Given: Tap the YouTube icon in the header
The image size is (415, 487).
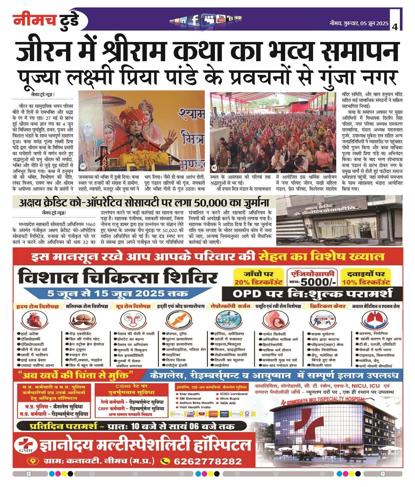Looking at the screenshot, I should click(221, 19).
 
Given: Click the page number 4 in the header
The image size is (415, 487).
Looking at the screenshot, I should click(395, 27).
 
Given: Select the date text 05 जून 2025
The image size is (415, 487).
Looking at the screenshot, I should click(374, 24).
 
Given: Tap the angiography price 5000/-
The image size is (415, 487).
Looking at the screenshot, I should click(318, 282).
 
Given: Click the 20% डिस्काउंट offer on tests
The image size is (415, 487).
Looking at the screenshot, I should click(259, 282).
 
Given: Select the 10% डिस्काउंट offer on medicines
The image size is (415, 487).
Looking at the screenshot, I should click(366, 282).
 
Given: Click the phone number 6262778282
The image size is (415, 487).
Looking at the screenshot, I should click(208, 461).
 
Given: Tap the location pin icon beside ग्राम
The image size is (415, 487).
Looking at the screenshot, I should click(32, 461).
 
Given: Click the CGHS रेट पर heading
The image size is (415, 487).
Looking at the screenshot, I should click(132, 386).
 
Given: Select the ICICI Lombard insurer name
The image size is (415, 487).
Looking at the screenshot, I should click(234, 394).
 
